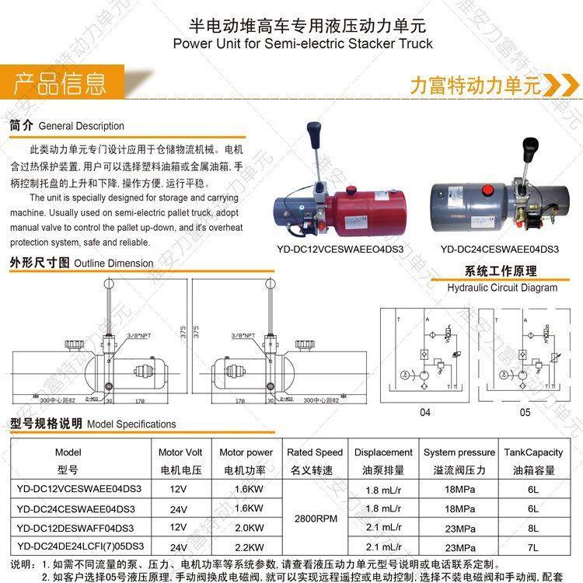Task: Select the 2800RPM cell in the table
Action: click(x=315, y=518)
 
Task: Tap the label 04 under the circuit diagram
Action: click(x=424, y=413)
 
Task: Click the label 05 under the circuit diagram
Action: click(x=525, y=413)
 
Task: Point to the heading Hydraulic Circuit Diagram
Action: click(x=502, y=288)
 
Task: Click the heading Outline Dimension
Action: click(x=113, y=264)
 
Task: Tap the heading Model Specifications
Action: click(x=131, y=424)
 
